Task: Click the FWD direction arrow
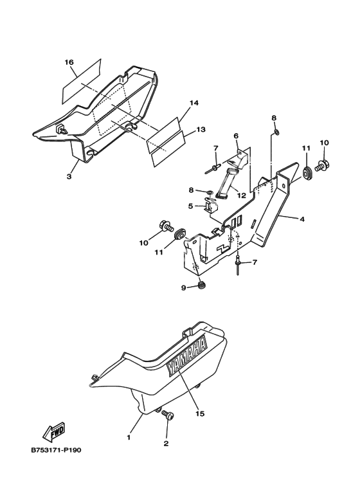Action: point(54,433)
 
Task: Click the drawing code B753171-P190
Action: point(56,450)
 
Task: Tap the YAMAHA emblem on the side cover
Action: point(187,356)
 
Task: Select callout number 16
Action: point(69,62)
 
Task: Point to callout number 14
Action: point(194,103)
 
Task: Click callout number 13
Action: point(201,129)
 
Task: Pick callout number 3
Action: point(69,176)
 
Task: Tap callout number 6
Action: point(236,136)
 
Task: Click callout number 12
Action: point(242,195)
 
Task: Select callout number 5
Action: point(190,206)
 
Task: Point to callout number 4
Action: point(302,219)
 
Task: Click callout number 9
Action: point(183,288)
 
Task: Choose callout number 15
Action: point(200,413)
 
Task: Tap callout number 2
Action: point(166,444)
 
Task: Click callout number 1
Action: point(129,437)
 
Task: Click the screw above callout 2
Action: point(167,415)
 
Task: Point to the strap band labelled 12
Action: point(226,185)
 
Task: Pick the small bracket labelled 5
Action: point(210,204)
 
